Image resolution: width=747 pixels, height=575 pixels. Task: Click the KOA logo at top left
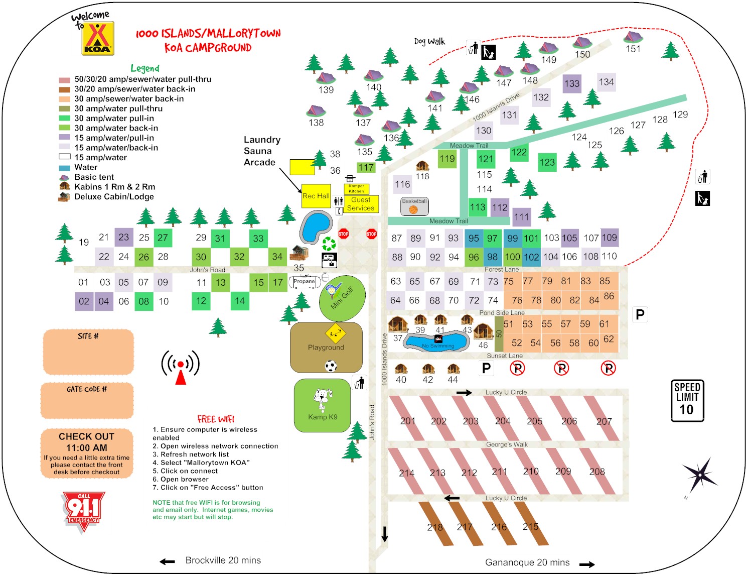[98, 38]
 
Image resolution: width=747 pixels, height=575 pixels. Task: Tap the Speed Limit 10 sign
[687, 400]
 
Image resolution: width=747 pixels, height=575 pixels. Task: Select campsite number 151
[633, 49]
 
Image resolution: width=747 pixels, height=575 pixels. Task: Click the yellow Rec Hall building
[316, 196]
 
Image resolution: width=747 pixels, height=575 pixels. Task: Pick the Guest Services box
[361, 204]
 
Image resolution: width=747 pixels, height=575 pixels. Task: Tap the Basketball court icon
[414, 206]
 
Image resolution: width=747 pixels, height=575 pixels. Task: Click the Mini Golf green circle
[342, 298]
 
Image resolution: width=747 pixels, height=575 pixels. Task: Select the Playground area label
[326, 347]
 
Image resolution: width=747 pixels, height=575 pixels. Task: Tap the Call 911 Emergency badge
[83, 511]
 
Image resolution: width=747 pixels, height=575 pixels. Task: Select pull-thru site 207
[604, 421]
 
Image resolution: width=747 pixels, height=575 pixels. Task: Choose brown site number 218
[435, 527]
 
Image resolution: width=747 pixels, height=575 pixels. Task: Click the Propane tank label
[305, 281]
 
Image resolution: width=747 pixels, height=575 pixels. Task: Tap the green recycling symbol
[329, 244]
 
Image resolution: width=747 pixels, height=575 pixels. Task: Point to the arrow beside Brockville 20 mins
[167, 561]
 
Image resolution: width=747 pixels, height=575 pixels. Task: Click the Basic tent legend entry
[94, 177]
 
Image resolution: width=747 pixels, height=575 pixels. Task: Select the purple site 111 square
[522, 217]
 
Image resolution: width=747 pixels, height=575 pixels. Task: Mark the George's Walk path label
[507, 444]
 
